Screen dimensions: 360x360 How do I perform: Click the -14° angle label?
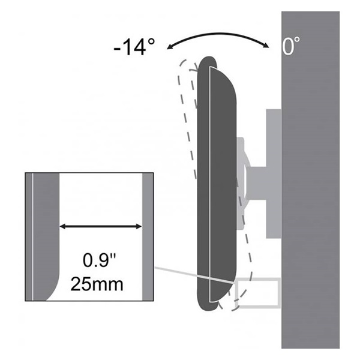[134, 47]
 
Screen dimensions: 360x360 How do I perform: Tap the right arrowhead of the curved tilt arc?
[266, 45]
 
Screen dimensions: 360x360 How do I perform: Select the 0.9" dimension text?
[100, 260]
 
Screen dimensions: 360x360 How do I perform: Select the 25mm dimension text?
[97, 284]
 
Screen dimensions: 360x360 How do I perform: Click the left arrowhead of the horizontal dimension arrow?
[62, 227]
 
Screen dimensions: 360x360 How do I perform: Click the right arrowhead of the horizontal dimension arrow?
[139, 227]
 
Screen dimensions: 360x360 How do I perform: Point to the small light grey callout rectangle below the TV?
[280, 292]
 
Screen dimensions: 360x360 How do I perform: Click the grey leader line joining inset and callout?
[194, 275]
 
